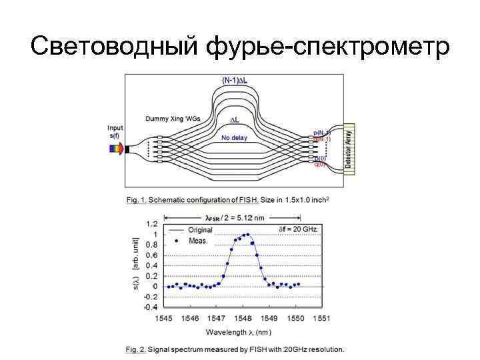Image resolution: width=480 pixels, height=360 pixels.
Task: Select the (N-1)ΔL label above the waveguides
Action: click(x=234, y=80)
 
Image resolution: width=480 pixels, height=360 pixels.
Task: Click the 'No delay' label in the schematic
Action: click(x=234, y=138)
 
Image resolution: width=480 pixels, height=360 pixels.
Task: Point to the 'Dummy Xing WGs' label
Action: click(x=173, y=119)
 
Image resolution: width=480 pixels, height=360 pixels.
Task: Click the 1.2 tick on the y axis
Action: click(x=152, y=224)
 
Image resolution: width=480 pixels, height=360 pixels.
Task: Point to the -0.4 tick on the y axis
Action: click(x=151, y=307)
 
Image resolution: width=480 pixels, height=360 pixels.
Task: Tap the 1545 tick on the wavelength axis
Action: click(x=164, y=319)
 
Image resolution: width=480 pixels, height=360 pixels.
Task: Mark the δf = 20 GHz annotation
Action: click(x=298, y=229)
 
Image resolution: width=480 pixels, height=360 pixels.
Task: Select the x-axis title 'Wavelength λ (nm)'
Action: click(x=239, y=332)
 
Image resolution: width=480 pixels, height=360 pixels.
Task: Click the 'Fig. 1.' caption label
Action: click(x=135, y=199)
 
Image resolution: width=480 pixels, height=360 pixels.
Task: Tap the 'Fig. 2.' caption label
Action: click(x=135, y=349)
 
